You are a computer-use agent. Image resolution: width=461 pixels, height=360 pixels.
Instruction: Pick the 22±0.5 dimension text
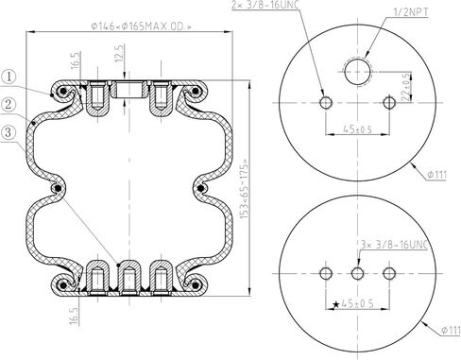tap(405, 87)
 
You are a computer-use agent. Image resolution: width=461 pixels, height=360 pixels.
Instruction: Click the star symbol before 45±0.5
tap(334, 303)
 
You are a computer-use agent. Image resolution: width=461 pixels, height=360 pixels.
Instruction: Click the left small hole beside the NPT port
tap(326, 102)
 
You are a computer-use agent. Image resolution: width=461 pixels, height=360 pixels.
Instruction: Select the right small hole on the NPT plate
tap(390, 102)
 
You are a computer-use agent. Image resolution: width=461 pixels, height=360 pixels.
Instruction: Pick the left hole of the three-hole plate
tap(326, 274)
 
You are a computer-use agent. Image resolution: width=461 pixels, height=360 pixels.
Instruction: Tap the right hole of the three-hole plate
tap(390, 274)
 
